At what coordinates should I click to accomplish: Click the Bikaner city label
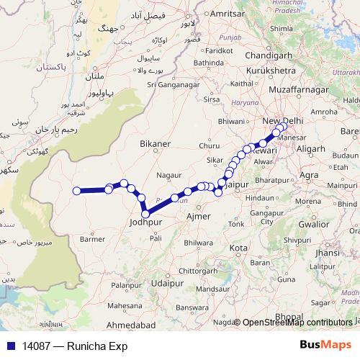tap(156, 144)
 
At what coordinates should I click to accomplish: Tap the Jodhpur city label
tap(145, 223)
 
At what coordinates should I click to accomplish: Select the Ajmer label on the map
tap(198, 216)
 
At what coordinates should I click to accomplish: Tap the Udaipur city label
tap(168, 283)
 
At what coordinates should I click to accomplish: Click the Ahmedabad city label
tap(129, 325)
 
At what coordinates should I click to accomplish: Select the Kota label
tap(238, 248)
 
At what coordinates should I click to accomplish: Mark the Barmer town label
tap(93, 238)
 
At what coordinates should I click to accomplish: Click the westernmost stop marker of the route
tap(77, 191)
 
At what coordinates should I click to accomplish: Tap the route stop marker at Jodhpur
tap(146, 213)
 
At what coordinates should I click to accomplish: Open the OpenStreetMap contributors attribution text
tap(297, 323)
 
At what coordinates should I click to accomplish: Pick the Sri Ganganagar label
tap(174, 84)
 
